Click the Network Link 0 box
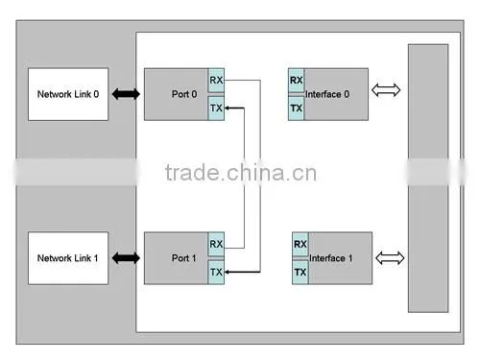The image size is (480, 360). coord(68,94)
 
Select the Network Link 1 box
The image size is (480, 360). coord(68,258)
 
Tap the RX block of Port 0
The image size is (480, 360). coord(216,80)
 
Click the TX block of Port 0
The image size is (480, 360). coord(216,108)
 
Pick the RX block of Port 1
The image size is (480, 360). coord(216,244)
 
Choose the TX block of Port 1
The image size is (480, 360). coord(216,272)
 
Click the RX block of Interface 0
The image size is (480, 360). coord(296,80)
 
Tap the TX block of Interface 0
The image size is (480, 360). coord(296,108)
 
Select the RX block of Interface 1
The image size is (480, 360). coord(300,244)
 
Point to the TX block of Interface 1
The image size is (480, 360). coord(300,272)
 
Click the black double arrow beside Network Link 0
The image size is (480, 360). coord(126,94)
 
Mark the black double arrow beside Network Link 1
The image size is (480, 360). coord(126,258)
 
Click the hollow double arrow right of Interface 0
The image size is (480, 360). coord(386,90)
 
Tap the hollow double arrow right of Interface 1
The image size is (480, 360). coord(390,258)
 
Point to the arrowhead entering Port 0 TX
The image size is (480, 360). coord(227,108)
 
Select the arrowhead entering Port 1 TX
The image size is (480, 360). coord(227,272)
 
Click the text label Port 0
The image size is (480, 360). coord(184,94)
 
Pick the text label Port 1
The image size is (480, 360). coord(184,258)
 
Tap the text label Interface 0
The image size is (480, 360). coord(327,94)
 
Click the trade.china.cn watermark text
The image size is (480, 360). coord(241,173)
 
